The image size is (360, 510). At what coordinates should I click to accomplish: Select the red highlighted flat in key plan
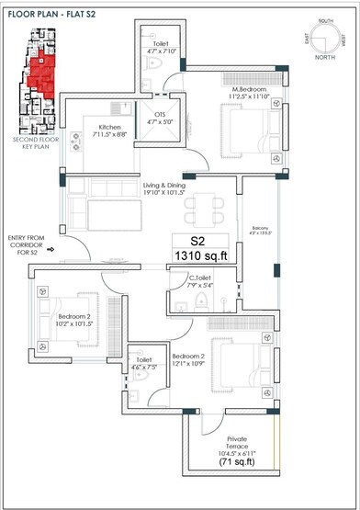(x=41, y=74)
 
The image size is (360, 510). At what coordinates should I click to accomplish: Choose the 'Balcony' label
(x=262, y=229)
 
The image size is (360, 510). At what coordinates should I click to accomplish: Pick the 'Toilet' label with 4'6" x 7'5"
(x=142, y=361)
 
